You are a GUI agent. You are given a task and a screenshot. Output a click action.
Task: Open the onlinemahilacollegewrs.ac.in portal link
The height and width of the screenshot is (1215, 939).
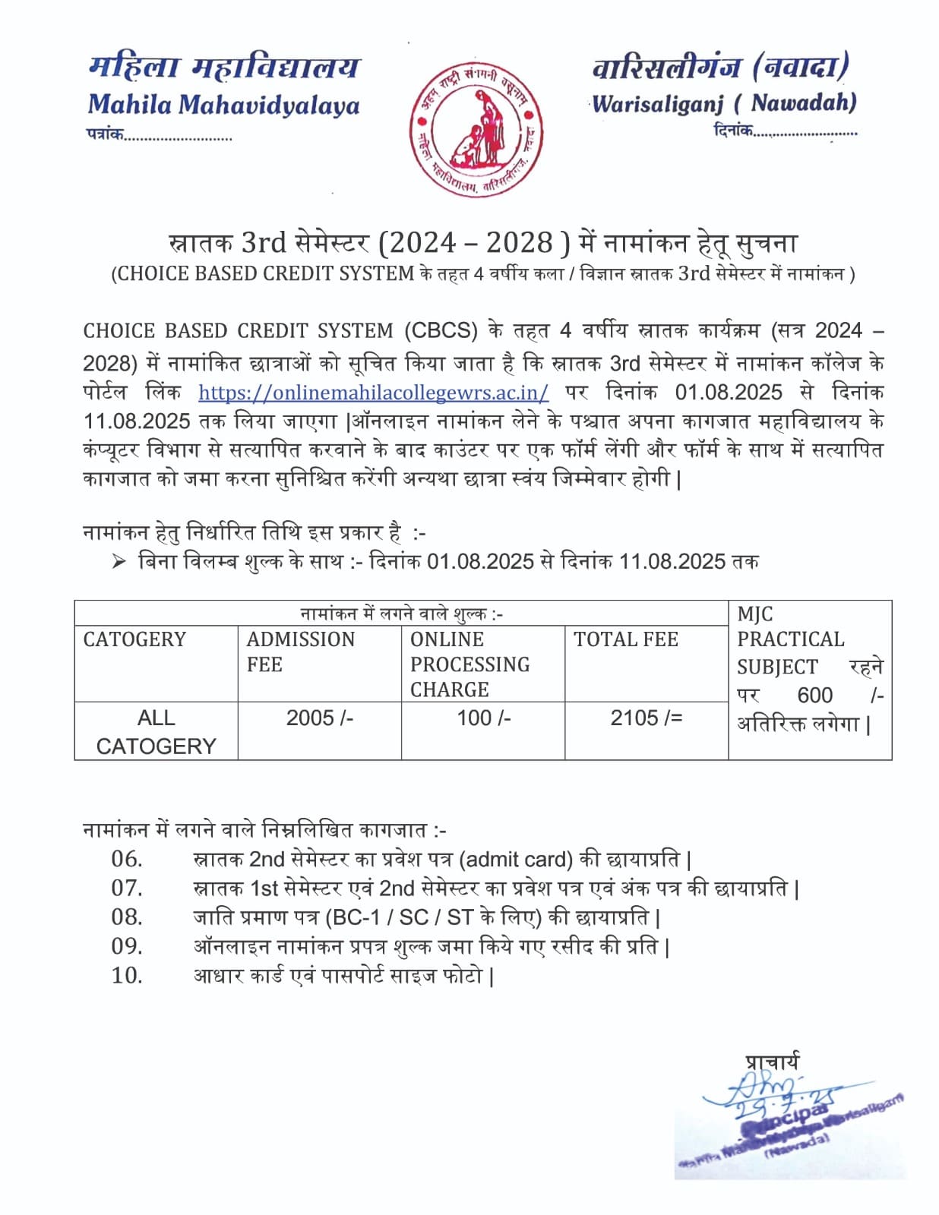373,392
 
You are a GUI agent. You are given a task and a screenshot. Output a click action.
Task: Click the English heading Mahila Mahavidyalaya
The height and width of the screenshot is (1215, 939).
223,104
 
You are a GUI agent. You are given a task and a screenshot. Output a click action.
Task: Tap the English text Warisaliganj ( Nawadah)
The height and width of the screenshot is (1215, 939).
724,103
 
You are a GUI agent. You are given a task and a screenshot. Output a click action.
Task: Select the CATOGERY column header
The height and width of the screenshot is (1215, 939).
134,639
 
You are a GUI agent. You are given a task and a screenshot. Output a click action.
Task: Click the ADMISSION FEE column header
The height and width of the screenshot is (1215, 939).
300,652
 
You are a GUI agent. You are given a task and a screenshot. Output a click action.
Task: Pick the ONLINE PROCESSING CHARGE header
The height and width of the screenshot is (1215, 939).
469,664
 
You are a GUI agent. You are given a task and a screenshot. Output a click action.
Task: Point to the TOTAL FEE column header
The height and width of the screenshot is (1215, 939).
626,639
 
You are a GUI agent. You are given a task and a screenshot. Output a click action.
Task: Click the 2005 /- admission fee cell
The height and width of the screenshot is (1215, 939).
320,718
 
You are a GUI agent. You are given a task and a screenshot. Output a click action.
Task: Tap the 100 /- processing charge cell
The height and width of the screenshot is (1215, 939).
484,718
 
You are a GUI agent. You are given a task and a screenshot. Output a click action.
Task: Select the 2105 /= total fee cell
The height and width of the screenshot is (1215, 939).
647,718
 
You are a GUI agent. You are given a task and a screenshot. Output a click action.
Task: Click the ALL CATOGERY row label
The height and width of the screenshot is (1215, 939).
156,731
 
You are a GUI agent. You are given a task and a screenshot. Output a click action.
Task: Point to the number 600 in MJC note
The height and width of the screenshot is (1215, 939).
814,695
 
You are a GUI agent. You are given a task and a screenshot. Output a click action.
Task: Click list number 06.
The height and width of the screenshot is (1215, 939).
127,859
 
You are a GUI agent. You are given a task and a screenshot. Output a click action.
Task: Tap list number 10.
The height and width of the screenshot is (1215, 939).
127,975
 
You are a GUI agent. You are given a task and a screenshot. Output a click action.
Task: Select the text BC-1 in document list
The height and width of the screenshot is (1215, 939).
356,917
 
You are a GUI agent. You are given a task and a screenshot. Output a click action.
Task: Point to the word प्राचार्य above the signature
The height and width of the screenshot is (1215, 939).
771,1061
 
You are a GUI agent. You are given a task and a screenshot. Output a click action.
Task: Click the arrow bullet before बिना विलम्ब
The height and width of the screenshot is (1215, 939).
119,561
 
